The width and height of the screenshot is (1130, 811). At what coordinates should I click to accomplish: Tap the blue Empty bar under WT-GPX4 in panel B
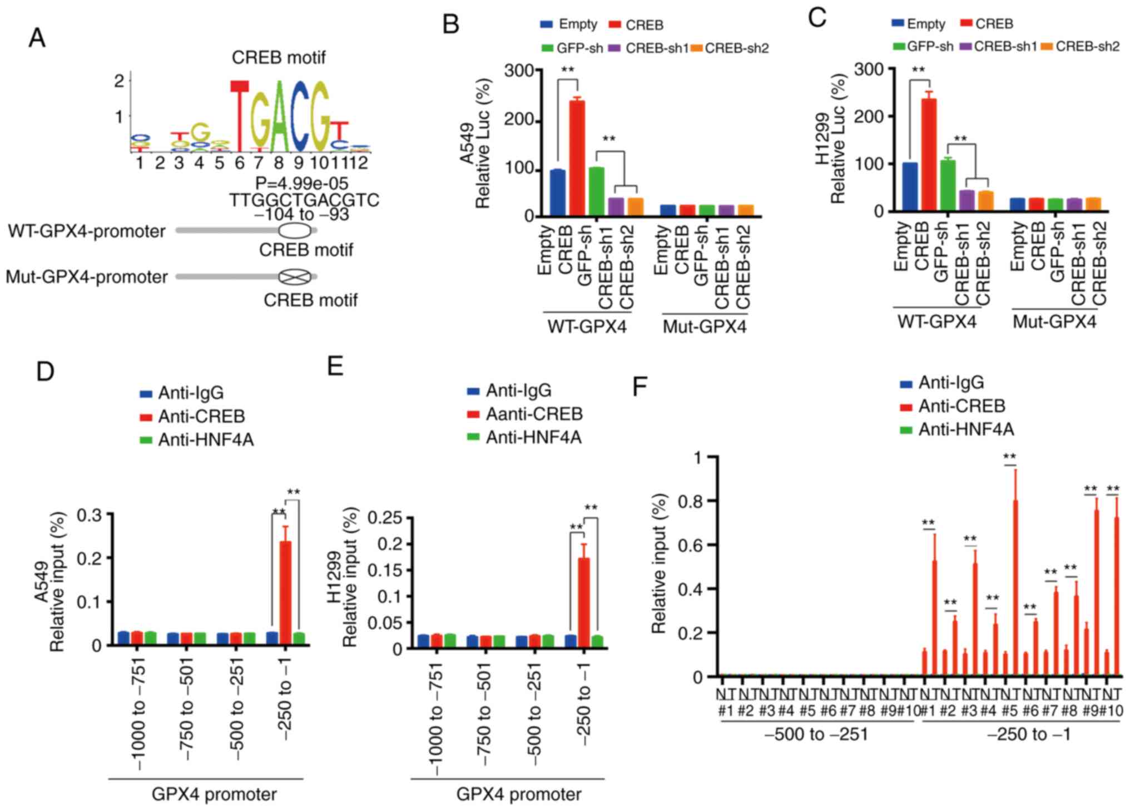pyautogui.click(x=557, y=192)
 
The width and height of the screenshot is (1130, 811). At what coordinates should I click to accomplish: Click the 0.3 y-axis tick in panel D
pyautogui.click(x=90, y=515)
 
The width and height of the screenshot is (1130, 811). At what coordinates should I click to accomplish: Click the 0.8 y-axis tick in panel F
pyautogui.click(x=692, y=501)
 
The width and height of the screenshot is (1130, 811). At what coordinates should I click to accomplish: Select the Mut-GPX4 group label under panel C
pyautogui.click(x=1054, y=322)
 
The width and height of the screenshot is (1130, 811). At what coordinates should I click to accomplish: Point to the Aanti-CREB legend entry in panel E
pyautogui.click(x=534, y=414)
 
